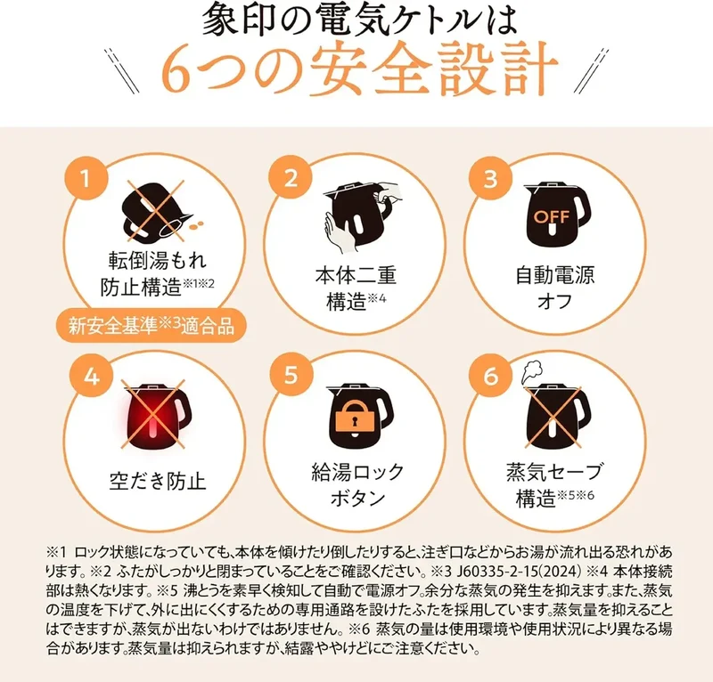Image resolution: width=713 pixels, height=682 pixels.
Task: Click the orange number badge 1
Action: (86, 178)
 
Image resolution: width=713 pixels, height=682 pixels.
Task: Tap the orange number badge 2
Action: (291, 178)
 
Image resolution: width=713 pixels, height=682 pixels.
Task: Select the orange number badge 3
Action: (490, 179)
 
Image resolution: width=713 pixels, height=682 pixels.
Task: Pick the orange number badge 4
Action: (92, 377)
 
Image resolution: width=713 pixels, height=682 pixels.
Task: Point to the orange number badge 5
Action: (291, 376)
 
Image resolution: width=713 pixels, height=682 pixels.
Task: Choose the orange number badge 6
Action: (491, 377)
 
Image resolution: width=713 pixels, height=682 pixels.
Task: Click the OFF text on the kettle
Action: (552, 216)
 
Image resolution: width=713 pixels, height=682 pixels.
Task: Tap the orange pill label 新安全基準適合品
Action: (152, 325)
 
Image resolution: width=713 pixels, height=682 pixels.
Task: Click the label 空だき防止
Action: (158, 481)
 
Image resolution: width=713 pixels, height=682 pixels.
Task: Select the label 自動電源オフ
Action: (554, 288)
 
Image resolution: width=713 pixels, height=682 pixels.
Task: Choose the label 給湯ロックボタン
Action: (357, 485)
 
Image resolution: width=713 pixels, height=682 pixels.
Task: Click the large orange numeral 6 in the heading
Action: (175, 71)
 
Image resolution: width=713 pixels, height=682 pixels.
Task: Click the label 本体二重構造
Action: (356, 288)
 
